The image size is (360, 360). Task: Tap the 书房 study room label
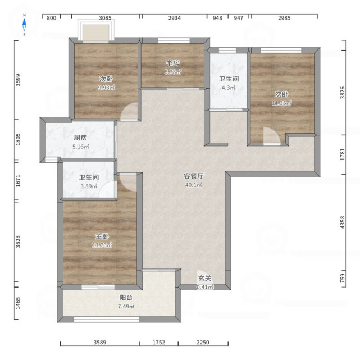(x=173, y=63)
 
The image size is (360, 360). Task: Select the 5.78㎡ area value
(x=173, y=72)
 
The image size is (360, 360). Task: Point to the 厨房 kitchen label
(x=80, y=138)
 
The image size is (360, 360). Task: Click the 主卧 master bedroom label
(x=102, y=236)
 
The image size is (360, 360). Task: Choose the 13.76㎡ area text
(x=102, y=245)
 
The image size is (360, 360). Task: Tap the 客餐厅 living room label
(x=194, y=176)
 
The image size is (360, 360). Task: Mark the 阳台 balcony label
(x=126, y=298)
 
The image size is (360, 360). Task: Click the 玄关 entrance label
(x=204, y=278)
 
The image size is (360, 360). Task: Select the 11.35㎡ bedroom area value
(x=282, y=103)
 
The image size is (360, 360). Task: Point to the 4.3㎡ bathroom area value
(x=229, y=88)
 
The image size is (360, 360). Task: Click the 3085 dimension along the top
(x=105, y=18)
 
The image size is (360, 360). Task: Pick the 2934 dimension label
(x=175, y=18)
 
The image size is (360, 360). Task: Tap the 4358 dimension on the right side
(x=343, y=222)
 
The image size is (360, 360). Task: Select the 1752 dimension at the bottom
(x=159, y=343)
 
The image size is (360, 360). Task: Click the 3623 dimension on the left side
(x=18, y=241)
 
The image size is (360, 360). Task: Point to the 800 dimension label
(x=52, y=18)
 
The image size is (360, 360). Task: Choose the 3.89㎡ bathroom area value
(x=89, y=186)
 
